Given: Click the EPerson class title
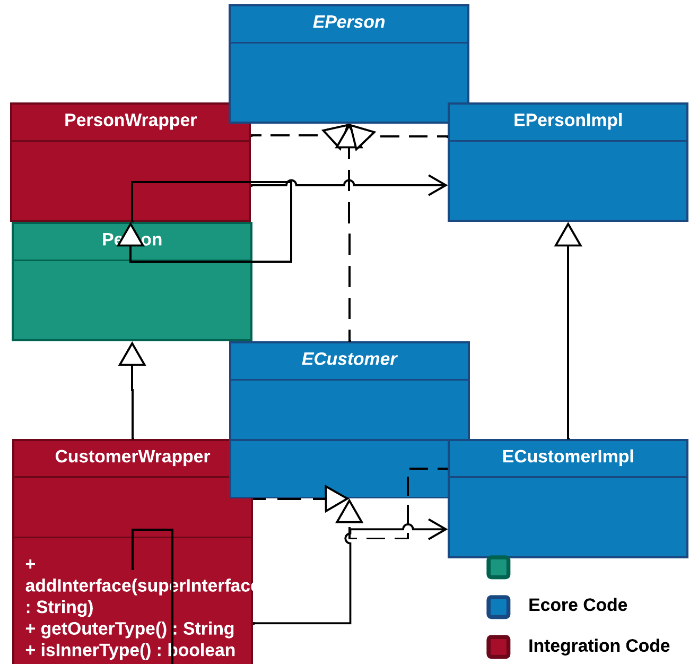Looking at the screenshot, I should [x=348, y=22].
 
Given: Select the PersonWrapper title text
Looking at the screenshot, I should [x=130, y=120].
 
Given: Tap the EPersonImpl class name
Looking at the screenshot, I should [x=568, y=120].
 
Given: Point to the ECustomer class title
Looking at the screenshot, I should [x=349, y=359].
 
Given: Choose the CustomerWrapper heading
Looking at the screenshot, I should [x=133, y=456].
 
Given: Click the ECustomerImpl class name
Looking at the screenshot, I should [x=568, y=456].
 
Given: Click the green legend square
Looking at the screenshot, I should [x=498, y=567].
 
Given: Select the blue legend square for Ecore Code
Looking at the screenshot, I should [x=498, y=607].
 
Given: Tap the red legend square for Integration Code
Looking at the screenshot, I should [x=498, y=646].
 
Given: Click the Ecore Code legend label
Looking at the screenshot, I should [x=578, y=605].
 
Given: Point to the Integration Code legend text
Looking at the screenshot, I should [x=599, y=646].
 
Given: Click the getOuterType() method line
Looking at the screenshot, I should [x=130, y=629].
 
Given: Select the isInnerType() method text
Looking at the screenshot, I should [x=130, y=650].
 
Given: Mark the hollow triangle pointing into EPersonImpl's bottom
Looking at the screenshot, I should [x=568, y=236].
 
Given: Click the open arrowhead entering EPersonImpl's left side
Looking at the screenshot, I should [x=439, y=185].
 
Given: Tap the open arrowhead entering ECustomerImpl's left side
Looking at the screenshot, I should [x=439, y=529].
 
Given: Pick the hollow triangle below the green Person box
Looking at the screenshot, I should [x=132, y=355].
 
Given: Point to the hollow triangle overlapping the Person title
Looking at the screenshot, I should [x=130, y=236].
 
